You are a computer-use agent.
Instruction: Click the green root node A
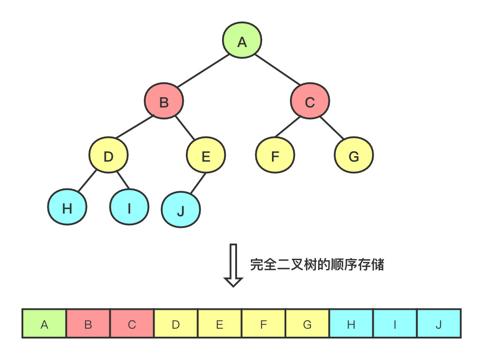coord(242,42)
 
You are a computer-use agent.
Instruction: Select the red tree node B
coord(164,103)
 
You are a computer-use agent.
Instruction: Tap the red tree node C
coord(310,103)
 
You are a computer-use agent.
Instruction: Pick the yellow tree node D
coord(108,156)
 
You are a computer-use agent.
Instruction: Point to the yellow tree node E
coord(206,156)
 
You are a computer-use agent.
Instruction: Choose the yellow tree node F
coord(275,156)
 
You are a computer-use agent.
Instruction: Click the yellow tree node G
coord(354,156)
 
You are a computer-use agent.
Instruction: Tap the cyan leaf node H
coord(67,208)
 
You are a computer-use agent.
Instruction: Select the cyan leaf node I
coord(129,208)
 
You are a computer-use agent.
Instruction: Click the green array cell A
coord(44,323)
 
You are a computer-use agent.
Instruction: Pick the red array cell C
coord(132,323)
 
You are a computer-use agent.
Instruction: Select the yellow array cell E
coord(220,323)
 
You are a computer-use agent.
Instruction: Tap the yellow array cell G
coord(307,323)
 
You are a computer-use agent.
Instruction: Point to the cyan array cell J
coord(439,323)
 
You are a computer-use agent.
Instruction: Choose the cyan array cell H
coord(351,323)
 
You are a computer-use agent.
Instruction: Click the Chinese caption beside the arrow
coord(317,265)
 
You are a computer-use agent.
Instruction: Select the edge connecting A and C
coord(276,70)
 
